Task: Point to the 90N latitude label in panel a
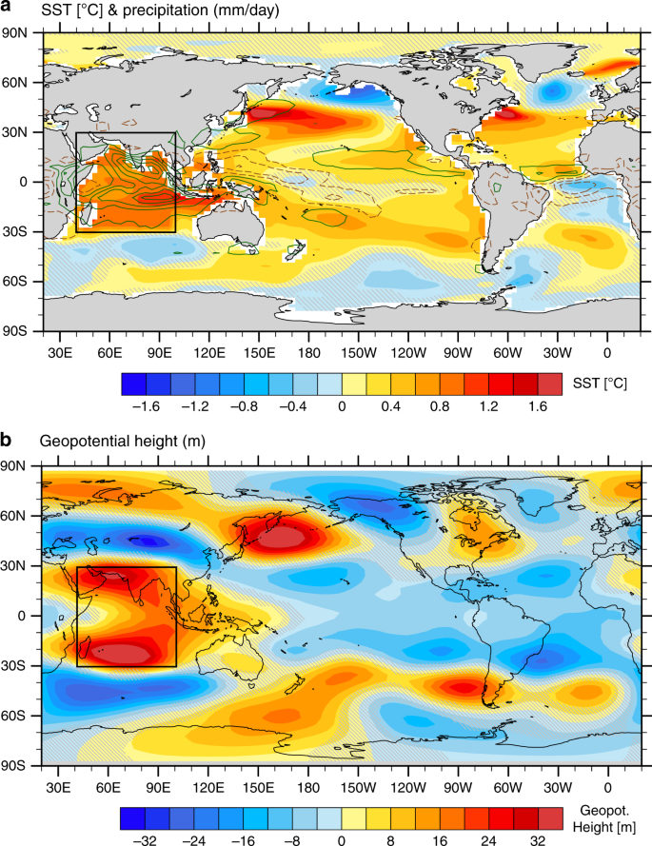click(x=18, y=32)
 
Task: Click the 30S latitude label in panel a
click(x=18, y=231)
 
